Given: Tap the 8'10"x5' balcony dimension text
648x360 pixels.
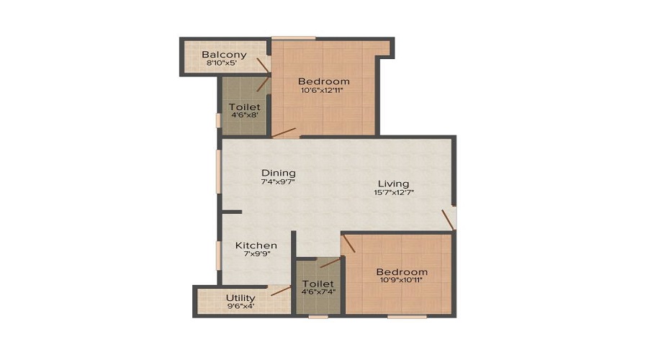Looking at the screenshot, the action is point(221,63).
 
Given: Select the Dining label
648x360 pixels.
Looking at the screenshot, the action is point(279,173).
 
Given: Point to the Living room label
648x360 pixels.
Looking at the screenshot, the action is point(393,184).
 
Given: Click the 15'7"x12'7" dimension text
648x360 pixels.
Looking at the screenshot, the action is point(394,192).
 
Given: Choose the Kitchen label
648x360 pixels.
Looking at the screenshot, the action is point(256,246).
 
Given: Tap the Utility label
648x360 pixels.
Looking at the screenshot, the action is point(240,298).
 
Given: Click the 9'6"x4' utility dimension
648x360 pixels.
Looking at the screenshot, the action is point(241,306).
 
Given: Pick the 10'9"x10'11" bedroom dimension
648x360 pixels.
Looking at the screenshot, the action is point(401,280).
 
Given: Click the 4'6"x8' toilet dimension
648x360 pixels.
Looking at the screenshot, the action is point(245,115).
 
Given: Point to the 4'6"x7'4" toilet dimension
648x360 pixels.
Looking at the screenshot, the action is point(318,292).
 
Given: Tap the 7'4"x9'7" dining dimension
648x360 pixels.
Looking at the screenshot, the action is point(278,181).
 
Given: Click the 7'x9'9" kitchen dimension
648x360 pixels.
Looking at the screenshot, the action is point(257,253).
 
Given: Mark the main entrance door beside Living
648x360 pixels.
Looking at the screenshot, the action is point(448,220).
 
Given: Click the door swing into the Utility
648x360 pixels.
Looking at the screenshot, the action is point(281,291).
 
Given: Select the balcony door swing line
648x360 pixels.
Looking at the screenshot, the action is point(263,66).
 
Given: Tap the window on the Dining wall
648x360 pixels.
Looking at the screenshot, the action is point(219,171).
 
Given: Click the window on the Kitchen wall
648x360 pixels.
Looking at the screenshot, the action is point(219,256).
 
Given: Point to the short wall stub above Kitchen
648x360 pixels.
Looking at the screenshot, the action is point(232,212).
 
